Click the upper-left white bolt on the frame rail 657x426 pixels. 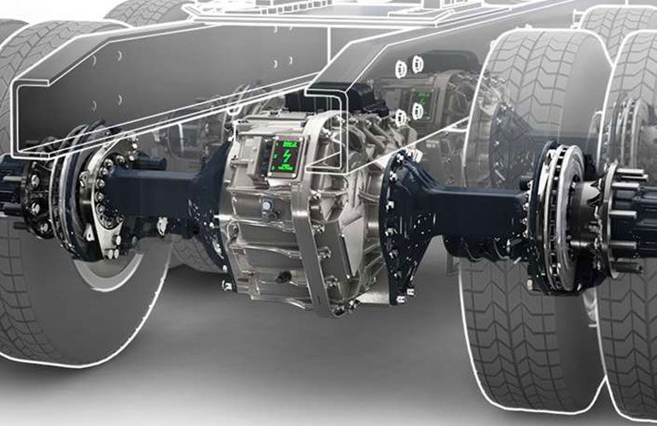pyautogui.click(x=401, y=66)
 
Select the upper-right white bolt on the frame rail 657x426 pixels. pyautogui.click(x=418, y=64)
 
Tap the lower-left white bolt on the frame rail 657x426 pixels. pyautogui.click(x=399, y=115)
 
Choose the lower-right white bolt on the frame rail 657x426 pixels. pyautogui.click(x=417, y=110)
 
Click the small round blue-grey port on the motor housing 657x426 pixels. pyautogui.click(x=266, y=205)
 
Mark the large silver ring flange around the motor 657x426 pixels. pyautogui.click(x=328, y=213)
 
